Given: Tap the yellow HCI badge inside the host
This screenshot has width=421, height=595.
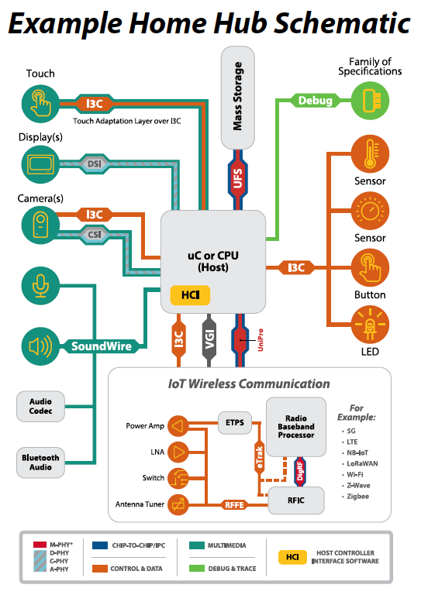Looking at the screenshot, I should click(190, 295).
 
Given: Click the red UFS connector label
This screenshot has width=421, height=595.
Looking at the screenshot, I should click(238, 177).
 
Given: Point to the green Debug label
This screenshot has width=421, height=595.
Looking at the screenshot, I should click(316, 101).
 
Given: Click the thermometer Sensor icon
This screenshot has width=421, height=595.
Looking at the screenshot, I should click(369, 153).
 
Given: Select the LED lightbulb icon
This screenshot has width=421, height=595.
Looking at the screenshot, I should click(369, 325).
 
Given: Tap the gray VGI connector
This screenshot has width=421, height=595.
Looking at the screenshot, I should click(209, 339).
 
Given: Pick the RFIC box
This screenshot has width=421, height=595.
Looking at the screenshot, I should click(295, 500).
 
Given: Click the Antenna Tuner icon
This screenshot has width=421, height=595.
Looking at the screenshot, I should click(178, 504).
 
